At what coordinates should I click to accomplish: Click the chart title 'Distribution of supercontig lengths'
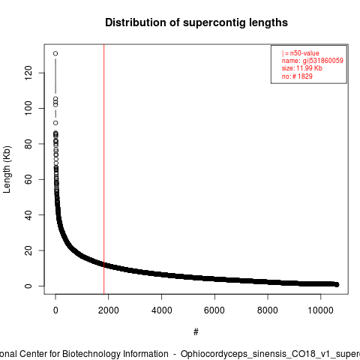tap(196, 22)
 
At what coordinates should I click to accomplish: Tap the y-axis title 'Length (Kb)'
tap(7, 169)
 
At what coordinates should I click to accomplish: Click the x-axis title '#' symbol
tap(196, 332)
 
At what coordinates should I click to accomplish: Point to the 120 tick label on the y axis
tap(28, 73)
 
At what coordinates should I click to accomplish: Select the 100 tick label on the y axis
tap(28, 108)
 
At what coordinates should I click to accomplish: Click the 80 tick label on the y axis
tap(28, 144)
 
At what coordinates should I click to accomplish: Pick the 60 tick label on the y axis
tap(28, 179)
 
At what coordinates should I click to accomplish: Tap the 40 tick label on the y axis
tap(28, 215)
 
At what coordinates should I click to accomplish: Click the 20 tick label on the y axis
tap(28, 250)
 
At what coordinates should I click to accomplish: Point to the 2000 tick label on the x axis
tap(108, 310)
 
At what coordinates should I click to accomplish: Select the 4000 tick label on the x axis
tap(161, 310)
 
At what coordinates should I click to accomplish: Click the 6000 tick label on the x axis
tap(214, 310)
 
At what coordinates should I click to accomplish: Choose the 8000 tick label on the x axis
tap(268, 310)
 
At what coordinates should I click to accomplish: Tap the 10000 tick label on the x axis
tap(320, 310)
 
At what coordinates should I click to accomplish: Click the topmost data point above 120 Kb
tap(55, 53)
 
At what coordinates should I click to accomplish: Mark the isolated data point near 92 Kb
tap(55, 123)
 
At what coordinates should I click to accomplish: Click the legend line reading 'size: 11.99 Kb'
tap(302, 68)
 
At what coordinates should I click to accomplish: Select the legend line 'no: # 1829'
tap(297, 76)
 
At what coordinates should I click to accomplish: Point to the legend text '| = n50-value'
tap(301, 53)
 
